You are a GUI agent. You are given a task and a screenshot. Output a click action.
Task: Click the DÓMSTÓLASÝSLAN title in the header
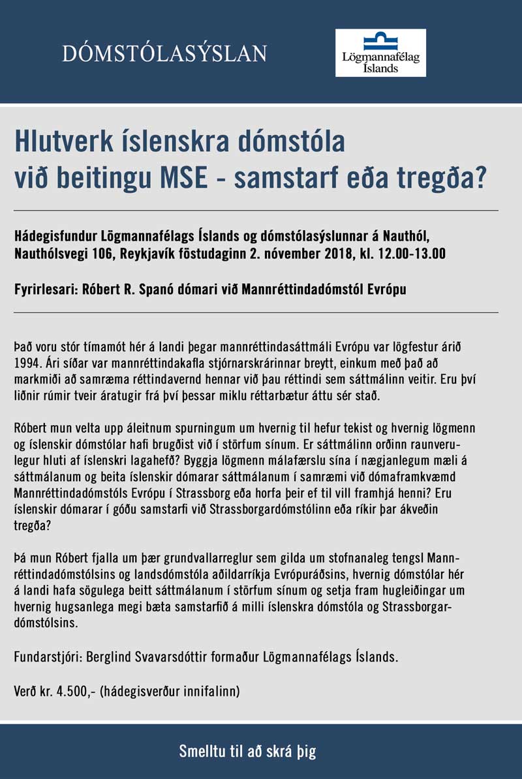pos(164,53)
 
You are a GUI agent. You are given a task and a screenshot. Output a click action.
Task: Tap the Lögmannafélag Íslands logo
pos(380,52)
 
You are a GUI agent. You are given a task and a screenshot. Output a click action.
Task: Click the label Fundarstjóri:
pos(46,657)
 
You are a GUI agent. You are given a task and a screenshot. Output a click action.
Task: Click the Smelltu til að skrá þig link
pos(247,751)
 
